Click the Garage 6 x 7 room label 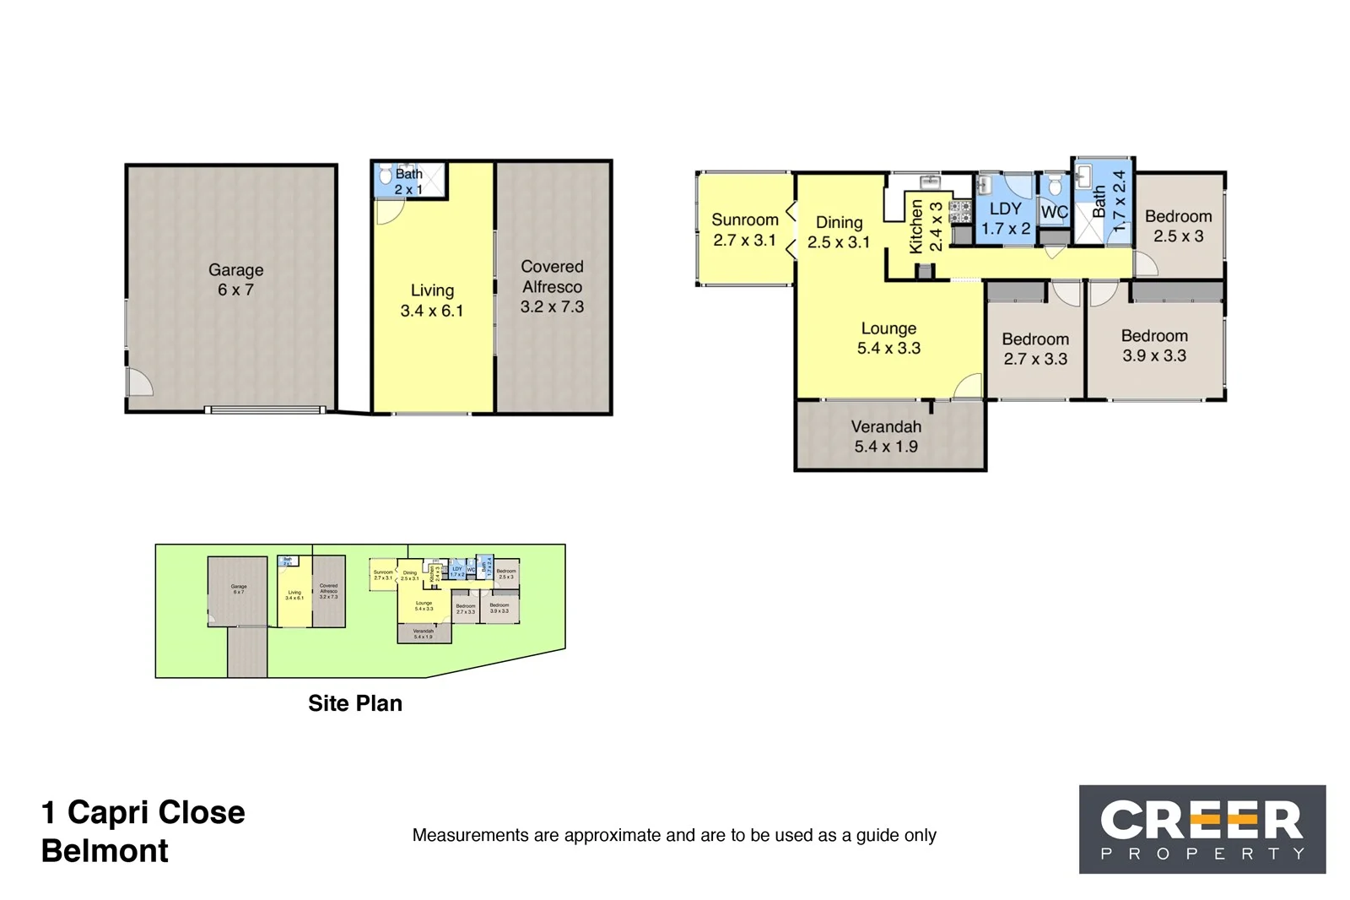coord(235,279)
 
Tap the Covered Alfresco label coord(552,286)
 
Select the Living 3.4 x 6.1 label coord(432,301)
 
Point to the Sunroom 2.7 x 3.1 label coord(744,230)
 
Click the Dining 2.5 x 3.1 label coord(839,232)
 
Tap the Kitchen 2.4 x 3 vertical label coord(926,226)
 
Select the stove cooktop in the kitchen coord(960,212)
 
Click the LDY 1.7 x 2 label coord(1005,218)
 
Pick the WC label coord(1054,212)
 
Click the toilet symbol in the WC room coord(1054,185)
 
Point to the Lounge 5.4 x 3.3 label coord(888,338)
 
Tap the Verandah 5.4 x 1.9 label coord(886,436)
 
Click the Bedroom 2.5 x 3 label coord(1178,226)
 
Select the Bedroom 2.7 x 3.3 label coord(1035,349)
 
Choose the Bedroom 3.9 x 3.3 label coord(1154,345)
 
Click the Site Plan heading coord(355,703)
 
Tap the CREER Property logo coord(1202,829)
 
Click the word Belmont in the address coord(105,851)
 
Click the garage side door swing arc coord(140,382)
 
